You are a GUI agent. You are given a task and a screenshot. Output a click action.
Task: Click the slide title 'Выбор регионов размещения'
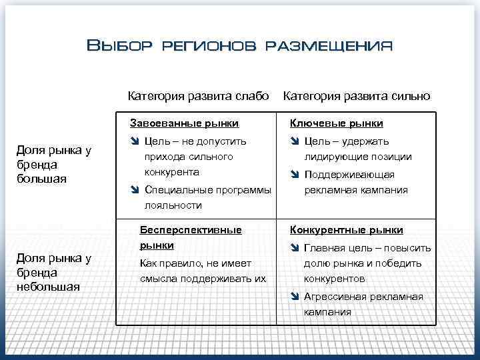click(x=240, y=46)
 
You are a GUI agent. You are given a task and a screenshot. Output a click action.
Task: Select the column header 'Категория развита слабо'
click(x=198, y=95)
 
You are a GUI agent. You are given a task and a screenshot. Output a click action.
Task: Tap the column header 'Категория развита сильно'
click(x=357, y=95)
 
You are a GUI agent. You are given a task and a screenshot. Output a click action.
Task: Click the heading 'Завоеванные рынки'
click(x=184, y=123)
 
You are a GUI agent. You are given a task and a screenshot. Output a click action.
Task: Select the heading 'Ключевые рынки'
click(x=336, y=123)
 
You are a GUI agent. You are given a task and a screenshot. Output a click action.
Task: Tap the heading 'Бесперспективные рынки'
click(x=190, y=237)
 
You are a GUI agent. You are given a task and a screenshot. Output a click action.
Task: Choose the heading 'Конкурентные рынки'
click(x=346, y=230)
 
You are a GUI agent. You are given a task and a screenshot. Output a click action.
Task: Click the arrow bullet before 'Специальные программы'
click(x=135, y=190)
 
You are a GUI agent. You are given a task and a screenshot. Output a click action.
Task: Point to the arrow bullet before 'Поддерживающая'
click(x=295, y=175)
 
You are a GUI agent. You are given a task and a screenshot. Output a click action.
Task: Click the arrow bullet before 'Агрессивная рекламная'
click(x=295, y=297)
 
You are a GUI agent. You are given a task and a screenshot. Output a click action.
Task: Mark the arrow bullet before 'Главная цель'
click(x=295, y=248)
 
